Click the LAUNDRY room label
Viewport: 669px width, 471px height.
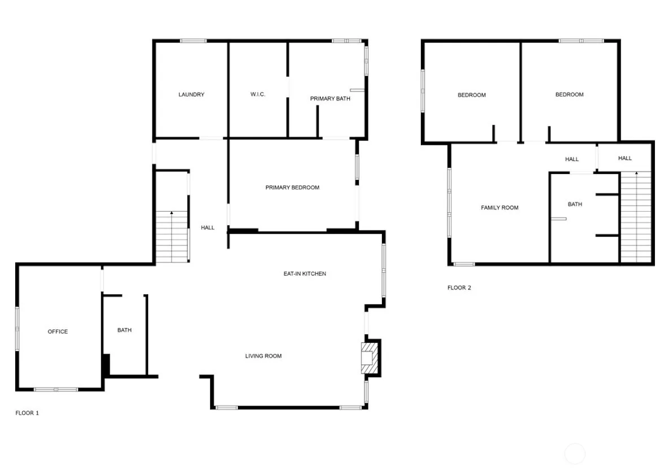pyautogui.click(x=191, y=94)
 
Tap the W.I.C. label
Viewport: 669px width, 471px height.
pyautogui.click(x=258, y=94)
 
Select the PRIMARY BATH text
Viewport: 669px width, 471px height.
pyautogui.click(x=330, y=99)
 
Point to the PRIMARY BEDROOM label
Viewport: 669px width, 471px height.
pyautogui.click(x=292, y=187)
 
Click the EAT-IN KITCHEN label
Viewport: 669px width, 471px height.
pyautogui.click(x=305, y=273)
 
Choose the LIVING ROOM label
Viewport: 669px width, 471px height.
pyautogui.click(x=263, y=356)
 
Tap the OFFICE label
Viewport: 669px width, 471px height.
pyautogui.click(x=58, y=332)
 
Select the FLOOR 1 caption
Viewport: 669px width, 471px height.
pyautogui.click(x=27, y=413)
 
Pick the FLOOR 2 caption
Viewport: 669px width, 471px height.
pyautogui.click(x=459, y=287)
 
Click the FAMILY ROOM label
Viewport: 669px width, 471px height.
pyautogui.click(x=499, y=208)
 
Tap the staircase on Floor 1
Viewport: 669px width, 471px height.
pyautogui.click(x=172, y=237)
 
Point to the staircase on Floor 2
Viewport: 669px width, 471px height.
pyautogui.click(x=636, y=217)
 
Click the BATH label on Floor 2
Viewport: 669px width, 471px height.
pyautogui.click(x=575, y=204)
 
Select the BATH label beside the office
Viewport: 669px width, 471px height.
pyautogui.click(x=124, y=330)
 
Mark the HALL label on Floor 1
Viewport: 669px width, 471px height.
pyautogui.click(x=207, y=228)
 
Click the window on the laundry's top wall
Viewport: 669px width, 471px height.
pyautogui.click(x=193, y=41)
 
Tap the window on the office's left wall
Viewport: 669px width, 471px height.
pyautogui.click(x=18, y=329)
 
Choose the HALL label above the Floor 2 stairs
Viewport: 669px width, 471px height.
pyautogui.click(x=624, y=158)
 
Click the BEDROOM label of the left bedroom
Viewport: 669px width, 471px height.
pyautogui.click(x=471, y=95)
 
